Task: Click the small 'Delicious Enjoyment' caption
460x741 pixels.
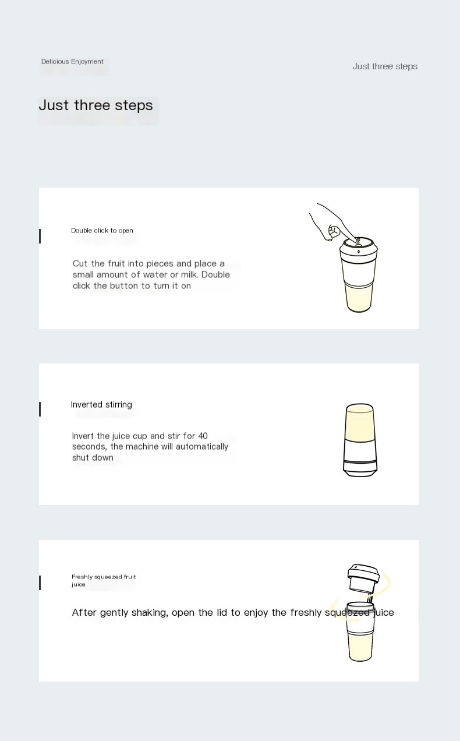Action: (x=72, y=62)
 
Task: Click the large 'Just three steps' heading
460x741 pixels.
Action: (x=95, y=105)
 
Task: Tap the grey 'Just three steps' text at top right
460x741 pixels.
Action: (x=384, y=66)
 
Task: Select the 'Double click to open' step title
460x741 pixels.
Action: (x=102, y=231)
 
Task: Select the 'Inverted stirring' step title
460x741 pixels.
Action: (x=101, y=405)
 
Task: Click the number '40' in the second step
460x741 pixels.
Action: (x=203, y=436)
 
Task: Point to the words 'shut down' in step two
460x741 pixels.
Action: (x=93, y=458)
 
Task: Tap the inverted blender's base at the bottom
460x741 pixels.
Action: (x=360, y=468)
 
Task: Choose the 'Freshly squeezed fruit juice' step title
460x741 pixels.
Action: (x=104, y=580)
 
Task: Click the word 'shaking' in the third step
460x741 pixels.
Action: (x=148, y=613)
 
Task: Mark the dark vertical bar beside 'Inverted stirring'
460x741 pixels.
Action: (x=40, y=410)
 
